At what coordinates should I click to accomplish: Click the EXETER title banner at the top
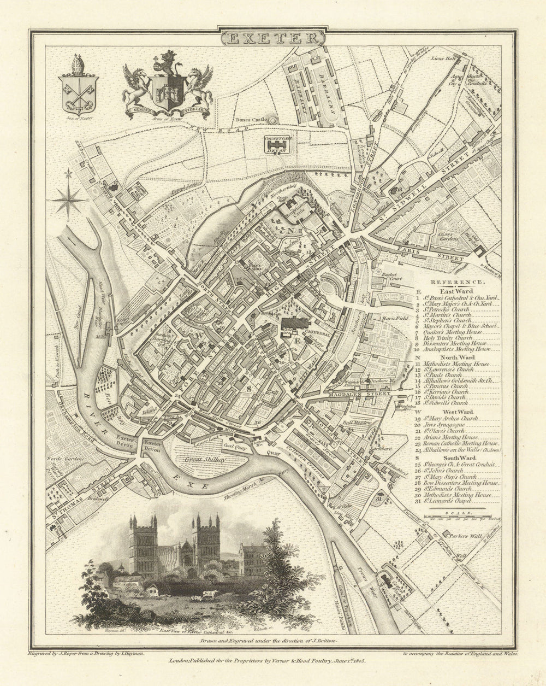click(272, 38)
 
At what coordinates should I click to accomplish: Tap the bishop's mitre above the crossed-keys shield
click(78, 64)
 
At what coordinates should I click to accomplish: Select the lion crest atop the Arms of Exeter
click(168, 62)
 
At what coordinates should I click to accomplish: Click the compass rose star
click(68, 201)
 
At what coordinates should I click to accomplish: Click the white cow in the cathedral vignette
click(210, 594)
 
